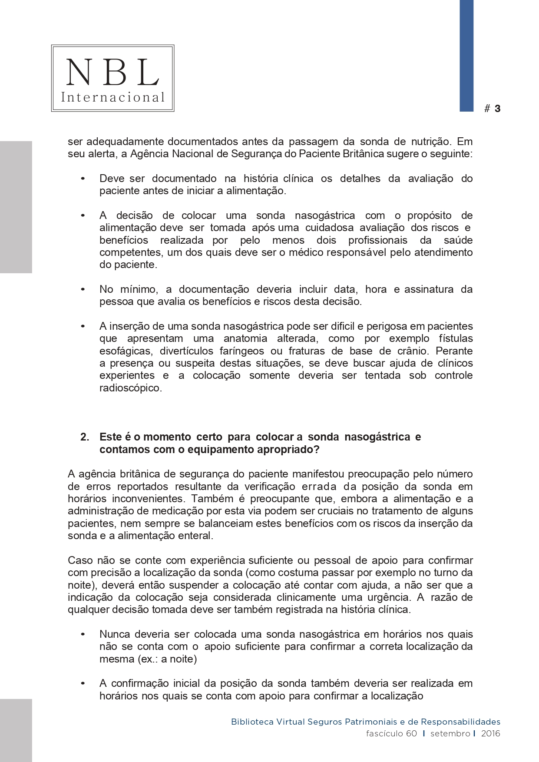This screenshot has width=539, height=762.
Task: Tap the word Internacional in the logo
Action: pyautogui.click(x=112, y=97)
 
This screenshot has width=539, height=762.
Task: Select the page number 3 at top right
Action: pyautogui.click(x=497, y=109)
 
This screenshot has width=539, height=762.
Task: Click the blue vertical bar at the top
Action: pyautogui.click(x=466, y=56)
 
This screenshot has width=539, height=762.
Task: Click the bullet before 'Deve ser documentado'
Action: pyautogui.click(x=83, y=179)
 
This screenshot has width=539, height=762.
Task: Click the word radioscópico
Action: pyautogui.click(x=130, y=388)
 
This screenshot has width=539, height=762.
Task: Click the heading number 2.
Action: pyautogui.click(x=84, y=437)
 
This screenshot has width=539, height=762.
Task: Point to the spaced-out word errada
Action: pyautogui.click(x=319, y=487)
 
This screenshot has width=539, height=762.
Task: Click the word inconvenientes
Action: pyautogui.click(x=148, y=499)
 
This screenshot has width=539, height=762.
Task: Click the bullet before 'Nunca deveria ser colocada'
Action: pyautogui.click(x=83, y=635)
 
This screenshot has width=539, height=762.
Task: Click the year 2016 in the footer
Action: pyautogui.click(x=490, y=733)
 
